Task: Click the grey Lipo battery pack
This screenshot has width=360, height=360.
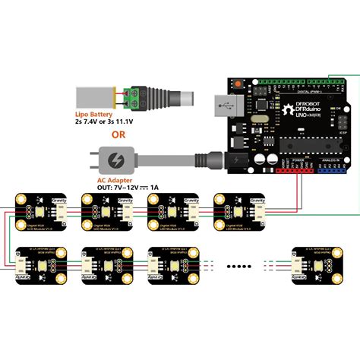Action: [x=94, y=96]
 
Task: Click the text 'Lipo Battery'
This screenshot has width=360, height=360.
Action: [x=93, y=113]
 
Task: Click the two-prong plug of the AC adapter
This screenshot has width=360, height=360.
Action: [x=90, y=161]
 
